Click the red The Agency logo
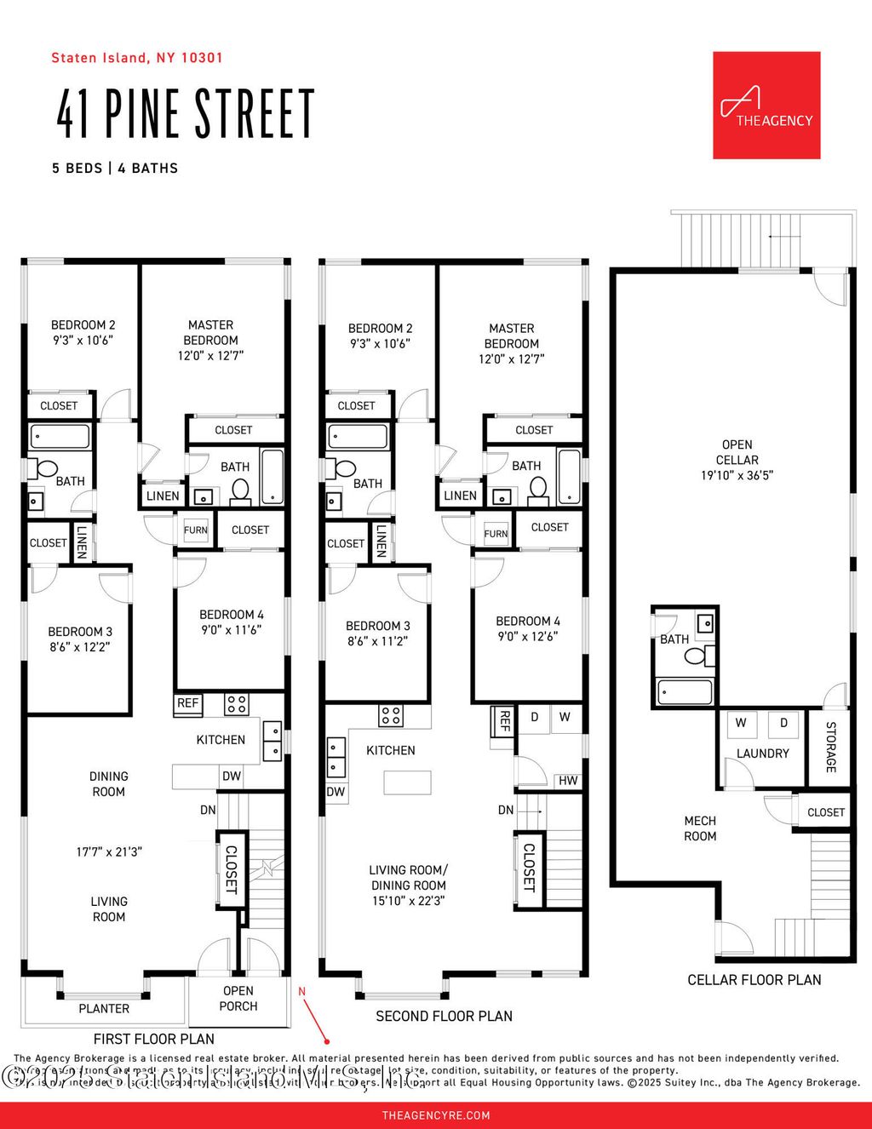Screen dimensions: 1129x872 coord(766,105)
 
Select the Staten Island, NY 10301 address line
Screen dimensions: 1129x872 coord(137,58)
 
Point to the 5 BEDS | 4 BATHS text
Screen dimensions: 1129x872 coord(115,169)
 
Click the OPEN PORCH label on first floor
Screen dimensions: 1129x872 coord(238,999)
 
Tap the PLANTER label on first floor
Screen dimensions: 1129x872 coord(104,1009)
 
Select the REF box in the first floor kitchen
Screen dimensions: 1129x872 coord(187,703)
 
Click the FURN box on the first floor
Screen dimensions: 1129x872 coord(195,530)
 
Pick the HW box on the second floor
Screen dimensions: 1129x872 coord(568,781)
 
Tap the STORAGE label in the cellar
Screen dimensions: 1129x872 coord(830,747)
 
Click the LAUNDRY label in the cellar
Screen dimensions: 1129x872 coord(762,754)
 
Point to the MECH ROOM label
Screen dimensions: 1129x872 coord(700,828)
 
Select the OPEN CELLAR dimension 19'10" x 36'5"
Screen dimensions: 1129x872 coord(737,475)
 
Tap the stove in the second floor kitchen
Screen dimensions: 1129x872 coord(391,715)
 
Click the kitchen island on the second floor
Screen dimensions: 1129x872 coord(407,782)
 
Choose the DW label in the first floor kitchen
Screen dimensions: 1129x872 coord(232,776)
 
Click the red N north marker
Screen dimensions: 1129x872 coord(301,991)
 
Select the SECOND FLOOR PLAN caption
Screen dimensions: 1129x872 coord(444,1016)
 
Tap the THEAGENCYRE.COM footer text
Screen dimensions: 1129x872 coord(436,1115)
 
